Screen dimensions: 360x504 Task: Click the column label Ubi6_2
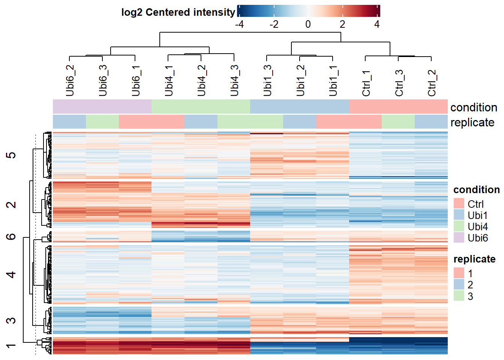tap(70, 80)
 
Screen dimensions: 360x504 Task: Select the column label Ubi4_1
tap(168, 80)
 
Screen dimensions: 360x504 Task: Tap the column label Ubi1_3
tap(267, 80)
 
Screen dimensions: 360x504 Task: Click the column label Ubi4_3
tap(234, 80)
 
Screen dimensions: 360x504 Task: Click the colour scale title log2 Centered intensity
tap(178, 12)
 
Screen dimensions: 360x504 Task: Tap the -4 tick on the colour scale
tap(239, 24)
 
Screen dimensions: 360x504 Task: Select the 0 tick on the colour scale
tap(308, 24)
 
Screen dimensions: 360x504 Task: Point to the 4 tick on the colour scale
tap(377, 24)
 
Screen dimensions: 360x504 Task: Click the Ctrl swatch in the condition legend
tap(459, 204)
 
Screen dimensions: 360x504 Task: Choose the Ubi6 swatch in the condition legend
tap(459, 237)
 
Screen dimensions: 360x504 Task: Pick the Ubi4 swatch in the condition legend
tap(459, 226)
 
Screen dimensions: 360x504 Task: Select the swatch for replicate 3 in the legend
tap(459, 296)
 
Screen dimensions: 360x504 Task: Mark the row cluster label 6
tap(11, 236)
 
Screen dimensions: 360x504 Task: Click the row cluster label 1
tap(11, 346)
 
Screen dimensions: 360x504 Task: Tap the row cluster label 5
tap(11, 155)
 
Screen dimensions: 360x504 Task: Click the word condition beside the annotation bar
tap(474, 107)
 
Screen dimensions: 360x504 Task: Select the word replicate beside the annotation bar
tap(472, 122)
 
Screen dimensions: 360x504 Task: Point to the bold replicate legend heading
tap(474, 259)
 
